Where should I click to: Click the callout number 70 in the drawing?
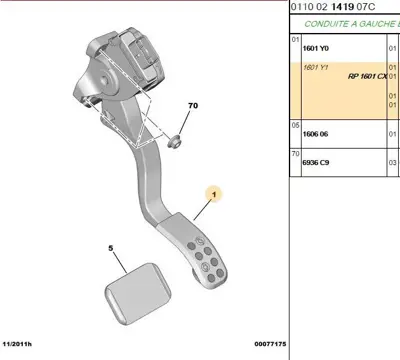point(193,104)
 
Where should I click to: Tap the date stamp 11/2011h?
point(23,344)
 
